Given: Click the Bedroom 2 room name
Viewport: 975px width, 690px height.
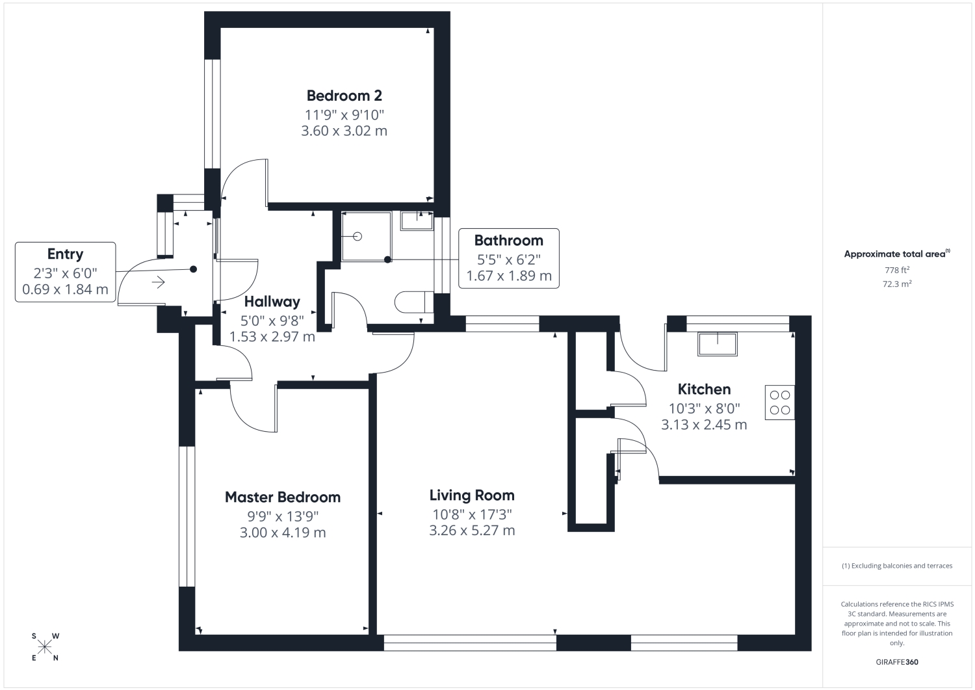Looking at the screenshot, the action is pyautogui.click(x=344, y=96).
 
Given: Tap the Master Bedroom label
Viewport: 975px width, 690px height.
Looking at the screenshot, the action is pyautogui.click(x=283, y=497).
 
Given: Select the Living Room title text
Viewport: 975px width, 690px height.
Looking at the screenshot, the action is pyautogui.click(x=472, y=496).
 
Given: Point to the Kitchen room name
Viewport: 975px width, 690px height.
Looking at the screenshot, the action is pyautogui.click(x=704, y=389).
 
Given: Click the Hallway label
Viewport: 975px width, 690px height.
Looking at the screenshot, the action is pyautogui.click(x=272, y=302).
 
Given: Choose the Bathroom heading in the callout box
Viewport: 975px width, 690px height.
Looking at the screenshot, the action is pyautogui.click(x=508, y=240).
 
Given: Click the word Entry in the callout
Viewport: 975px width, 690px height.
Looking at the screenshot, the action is pyautogui.click(x=65, y=254).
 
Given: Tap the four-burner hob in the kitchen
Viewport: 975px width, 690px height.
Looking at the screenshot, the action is pyautogui.click(x=779, y=403).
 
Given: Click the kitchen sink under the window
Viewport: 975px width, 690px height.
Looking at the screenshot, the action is pyautogui.click(x=718, y=344).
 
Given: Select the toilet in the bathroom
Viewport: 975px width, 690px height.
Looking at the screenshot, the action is pyautogui.click(x=414, y=302).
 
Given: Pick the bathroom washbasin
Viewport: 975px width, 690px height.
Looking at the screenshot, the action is pyautogui.click(x=417, y=220).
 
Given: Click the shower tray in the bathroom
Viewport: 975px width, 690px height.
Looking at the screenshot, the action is pyautogui.click(x=367, y=237).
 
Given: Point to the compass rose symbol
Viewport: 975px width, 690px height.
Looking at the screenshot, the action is pyautogui.click(x=45, y=647).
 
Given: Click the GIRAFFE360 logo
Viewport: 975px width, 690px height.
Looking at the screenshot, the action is pyautogui.click(x=896, y=662).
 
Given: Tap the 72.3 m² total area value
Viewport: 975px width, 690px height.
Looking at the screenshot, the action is pyautogui.click(x=896, y=284).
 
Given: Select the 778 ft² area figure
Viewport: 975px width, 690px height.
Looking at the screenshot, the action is pyautogui.click(x=896, y=270).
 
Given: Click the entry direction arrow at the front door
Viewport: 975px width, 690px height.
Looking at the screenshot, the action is pyautogui.click(x=159, y=282).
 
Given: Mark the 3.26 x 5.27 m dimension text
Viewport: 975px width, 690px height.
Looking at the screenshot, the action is pyautogui.click(x=472, y=530).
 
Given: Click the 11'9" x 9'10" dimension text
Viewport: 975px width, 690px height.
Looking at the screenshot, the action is pyautogui.click(x=344, y=115).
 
